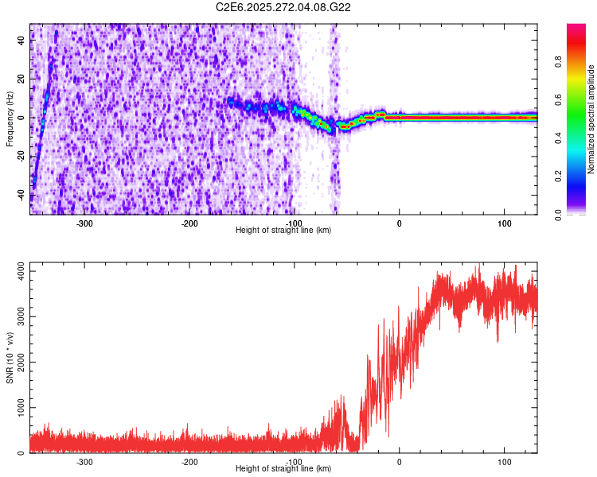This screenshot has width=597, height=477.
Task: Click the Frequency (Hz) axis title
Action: pos(10,118)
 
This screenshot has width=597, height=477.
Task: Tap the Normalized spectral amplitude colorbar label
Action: pos(591,119)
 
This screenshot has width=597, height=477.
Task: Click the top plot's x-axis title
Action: pos(283,230)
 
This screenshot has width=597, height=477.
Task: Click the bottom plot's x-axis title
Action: pos(283,468)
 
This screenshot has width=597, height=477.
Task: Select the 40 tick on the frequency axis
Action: pos(21,41)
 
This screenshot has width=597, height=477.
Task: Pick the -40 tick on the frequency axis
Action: pos(20,194)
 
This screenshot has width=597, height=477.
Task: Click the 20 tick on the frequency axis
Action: pos(21,79)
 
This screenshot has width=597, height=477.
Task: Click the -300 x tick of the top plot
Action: pos(84,223)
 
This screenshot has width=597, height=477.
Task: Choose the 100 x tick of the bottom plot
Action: pos(504,461)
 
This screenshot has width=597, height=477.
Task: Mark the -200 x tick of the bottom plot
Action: pos(189,461)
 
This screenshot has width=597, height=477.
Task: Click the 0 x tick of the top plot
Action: pos(399,223)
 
